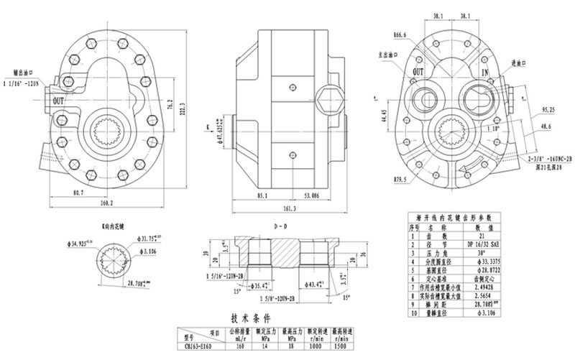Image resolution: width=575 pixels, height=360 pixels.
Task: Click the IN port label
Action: coord(485,73)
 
